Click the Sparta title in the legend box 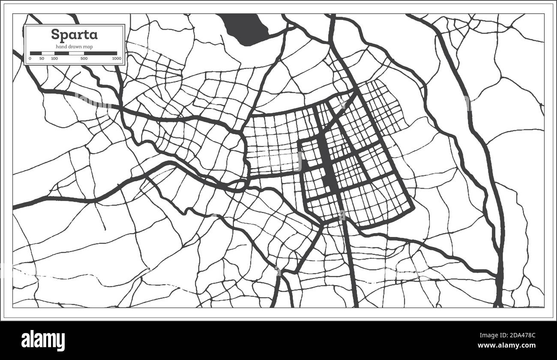point(74,34)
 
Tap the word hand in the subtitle point(60,46)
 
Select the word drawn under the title point(75,46)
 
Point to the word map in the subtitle point(88,46)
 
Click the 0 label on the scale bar point(30,58)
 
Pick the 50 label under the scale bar point(42,58)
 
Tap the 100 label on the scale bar point(54,58)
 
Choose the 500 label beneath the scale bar point(84,58)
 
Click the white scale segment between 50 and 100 point(48,53)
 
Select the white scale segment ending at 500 point(77,53)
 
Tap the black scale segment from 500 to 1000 point(100,53)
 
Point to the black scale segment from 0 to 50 point(36,53)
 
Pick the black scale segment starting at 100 point(62,53)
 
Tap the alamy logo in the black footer point(43,340)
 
